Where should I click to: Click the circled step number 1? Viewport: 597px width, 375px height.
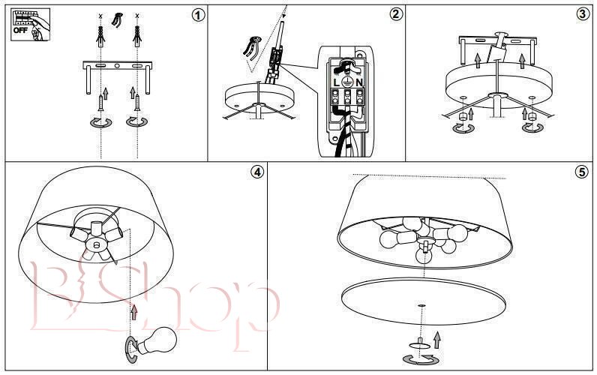[x=197, y=14]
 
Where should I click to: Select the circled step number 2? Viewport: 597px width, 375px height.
[x=395, y=14]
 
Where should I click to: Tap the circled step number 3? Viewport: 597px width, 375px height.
[x=582, y=14]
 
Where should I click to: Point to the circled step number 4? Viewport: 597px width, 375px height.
[x=257, y=172]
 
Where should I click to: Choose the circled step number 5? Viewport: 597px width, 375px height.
[x=581, y=172]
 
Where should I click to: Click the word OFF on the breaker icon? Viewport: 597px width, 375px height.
[x=20, y=30]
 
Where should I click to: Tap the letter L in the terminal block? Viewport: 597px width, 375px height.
[x=336, y=82]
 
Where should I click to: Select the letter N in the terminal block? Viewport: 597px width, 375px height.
[x=359, y=82]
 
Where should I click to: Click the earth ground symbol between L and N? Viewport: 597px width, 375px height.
[x=347, y=82]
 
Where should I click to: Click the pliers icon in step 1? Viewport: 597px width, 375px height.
[x=117, y=19]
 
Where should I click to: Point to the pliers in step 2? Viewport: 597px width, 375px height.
[x=251, y=46]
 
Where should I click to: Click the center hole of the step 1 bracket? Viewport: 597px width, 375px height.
[x=117, y=66]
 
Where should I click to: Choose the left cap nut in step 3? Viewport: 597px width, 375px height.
[x=463, y=116]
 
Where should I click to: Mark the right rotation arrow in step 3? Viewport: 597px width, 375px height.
[x=532, y=127]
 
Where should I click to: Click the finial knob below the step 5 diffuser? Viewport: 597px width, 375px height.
[x=419, y=343]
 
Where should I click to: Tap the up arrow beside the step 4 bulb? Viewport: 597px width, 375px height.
[x=133, y=312]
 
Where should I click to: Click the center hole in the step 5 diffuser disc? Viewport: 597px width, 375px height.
[x=421, y=305]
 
